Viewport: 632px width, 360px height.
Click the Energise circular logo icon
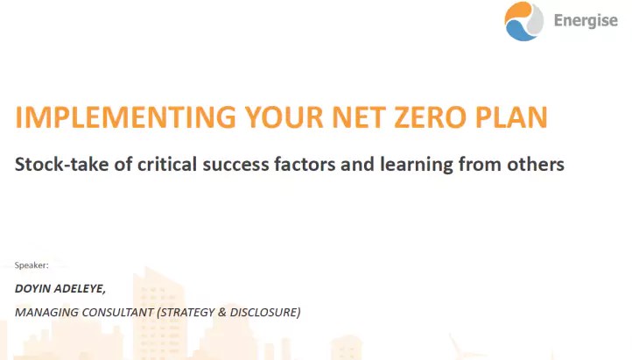[x=524, y=21]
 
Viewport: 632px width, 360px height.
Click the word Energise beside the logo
[x=586, y=21]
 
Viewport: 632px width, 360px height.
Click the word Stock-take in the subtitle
[x=60, y=164]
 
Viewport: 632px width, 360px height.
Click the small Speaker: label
[x=32, y=265]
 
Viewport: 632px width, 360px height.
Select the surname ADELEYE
[x=83, y=287]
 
